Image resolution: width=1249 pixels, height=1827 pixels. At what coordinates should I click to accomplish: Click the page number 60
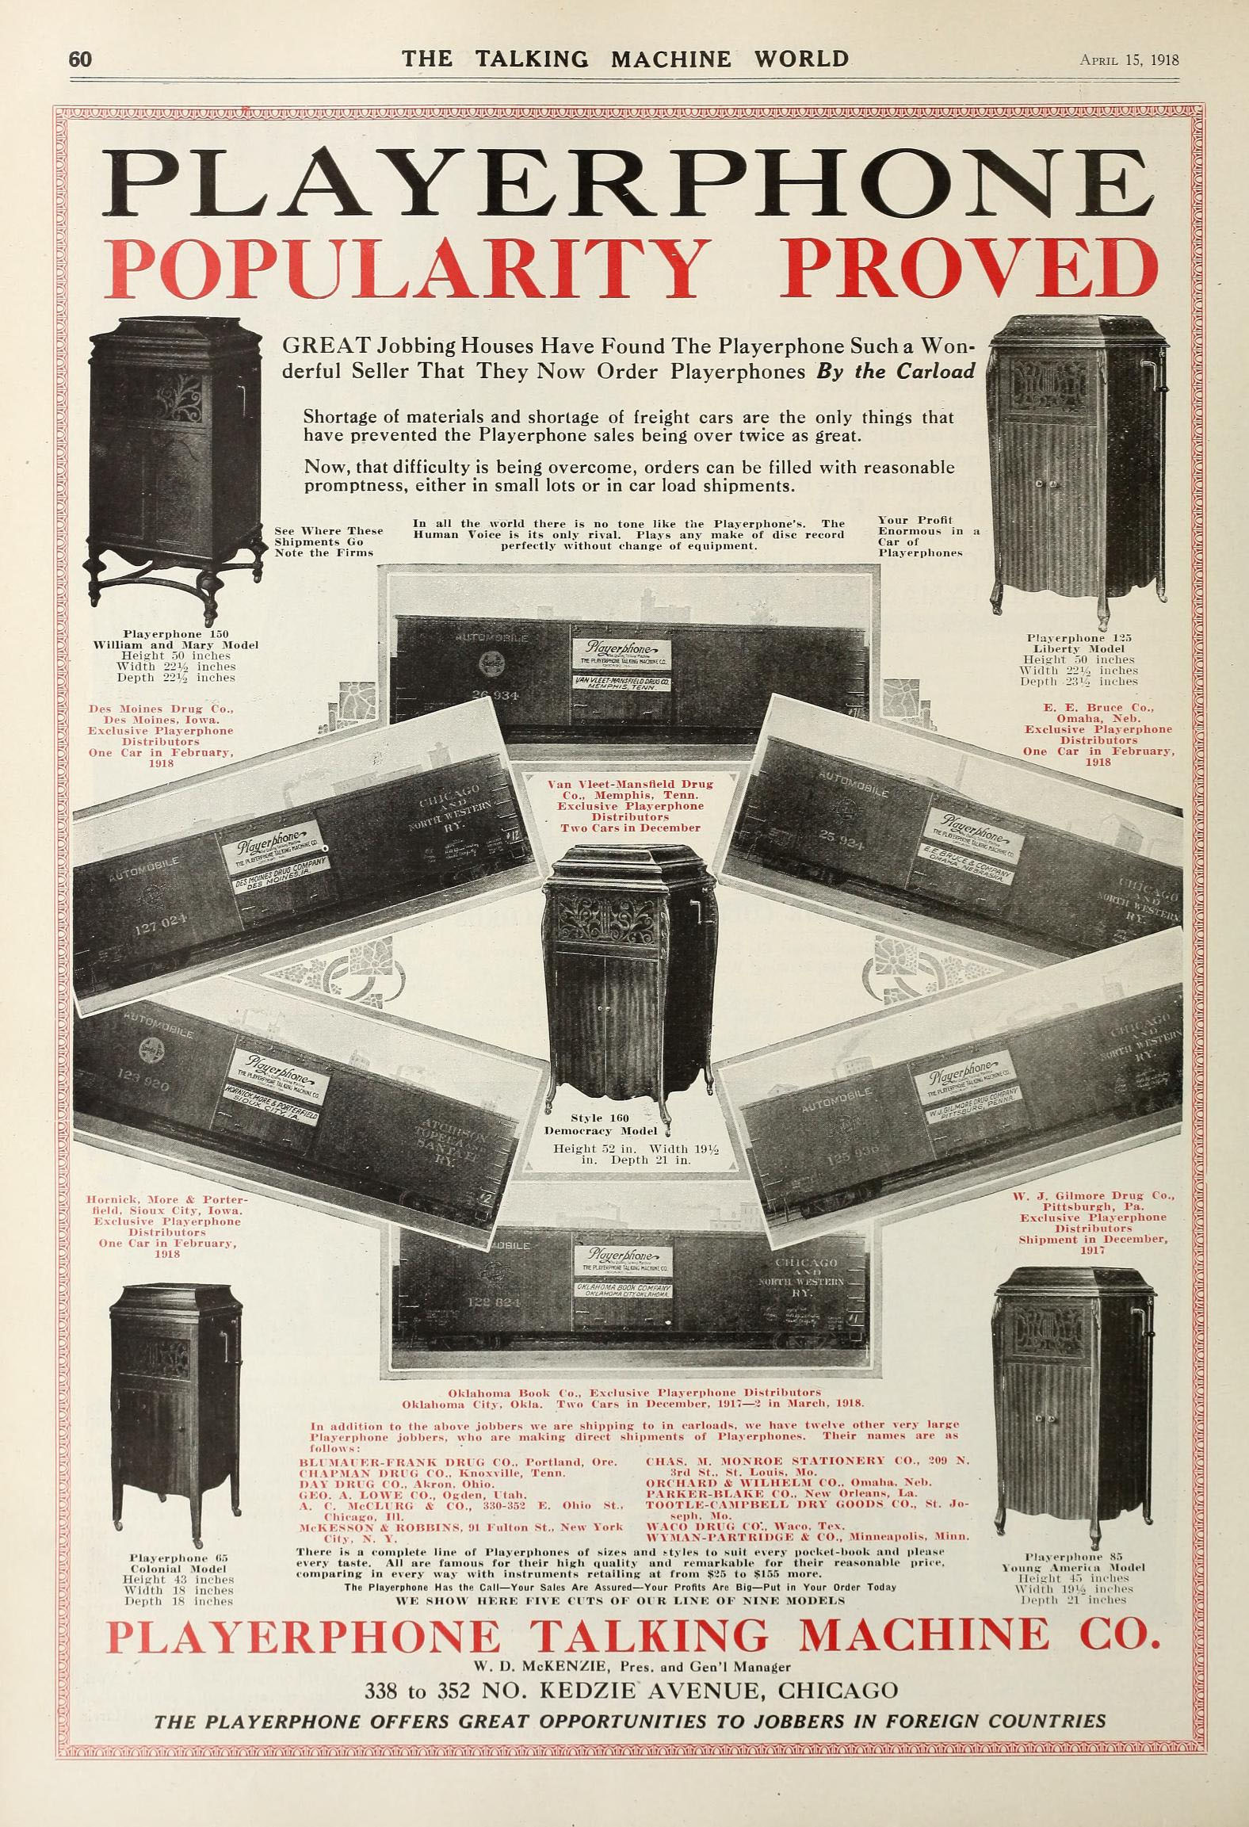click(81, 59)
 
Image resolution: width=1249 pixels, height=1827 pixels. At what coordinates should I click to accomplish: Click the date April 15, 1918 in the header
click(1129, 60)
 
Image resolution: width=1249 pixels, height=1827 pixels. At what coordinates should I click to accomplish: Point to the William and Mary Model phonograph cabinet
click(176, 468)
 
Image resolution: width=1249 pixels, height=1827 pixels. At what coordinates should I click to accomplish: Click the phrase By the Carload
click(896, 372)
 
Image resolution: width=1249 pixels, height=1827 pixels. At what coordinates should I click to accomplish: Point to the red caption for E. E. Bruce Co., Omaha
click(1098, 734)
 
